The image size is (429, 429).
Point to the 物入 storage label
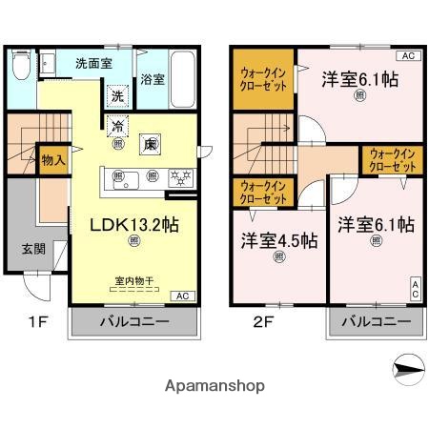(53, 160)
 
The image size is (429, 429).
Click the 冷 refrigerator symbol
(116, 126)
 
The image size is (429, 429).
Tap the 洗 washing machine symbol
(116, 95)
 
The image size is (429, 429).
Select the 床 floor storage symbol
(149, 145)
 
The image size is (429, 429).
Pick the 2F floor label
(264, 322)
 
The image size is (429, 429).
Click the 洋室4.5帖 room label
(279, 240)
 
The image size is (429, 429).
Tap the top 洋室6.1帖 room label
(358, 79)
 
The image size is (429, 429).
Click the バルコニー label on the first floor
(134, 322)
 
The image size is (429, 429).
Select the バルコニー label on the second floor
(375, 322)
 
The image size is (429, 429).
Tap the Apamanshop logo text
(214, 386)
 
